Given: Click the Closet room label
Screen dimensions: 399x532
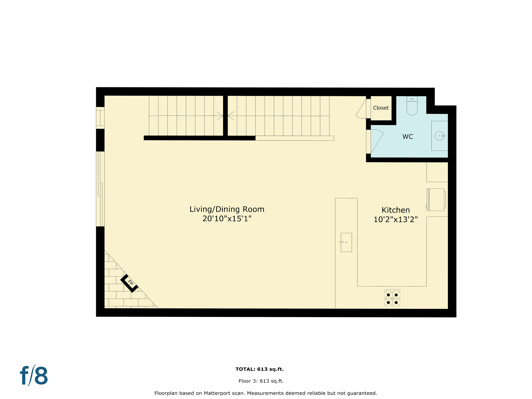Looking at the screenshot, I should [381, 108].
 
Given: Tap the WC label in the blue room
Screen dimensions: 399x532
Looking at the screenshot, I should [408, 137].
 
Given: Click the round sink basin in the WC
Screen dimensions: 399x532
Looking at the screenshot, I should [439, 136].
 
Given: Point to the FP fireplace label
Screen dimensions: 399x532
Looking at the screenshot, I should [130, 283].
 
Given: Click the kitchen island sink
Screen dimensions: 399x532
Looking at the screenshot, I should [346, 242].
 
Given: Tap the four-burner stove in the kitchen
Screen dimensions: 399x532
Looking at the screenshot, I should [392, 298].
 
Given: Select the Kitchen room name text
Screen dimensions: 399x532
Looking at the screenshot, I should [395, 210].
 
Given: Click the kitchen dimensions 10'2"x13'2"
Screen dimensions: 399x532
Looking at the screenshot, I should [395, 220].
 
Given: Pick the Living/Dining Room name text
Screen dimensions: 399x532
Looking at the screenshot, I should [227, 209].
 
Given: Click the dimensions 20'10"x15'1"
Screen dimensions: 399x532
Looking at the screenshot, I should [227, 219].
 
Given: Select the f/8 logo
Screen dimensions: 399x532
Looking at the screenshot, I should [34, 376].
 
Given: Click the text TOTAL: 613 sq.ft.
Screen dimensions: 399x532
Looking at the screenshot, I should [259, 369].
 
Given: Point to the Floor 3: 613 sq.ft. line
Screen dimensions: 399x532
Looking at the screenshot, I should [261, 381].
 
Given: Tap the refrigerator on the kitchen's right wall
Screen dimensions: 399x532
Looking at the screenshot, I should [436, 199].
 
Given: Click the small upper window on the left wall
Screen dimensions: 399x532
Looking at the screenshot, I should [100, 118].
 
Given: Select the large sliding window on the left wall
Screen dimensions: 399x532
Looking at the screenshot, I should [100, 189].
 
